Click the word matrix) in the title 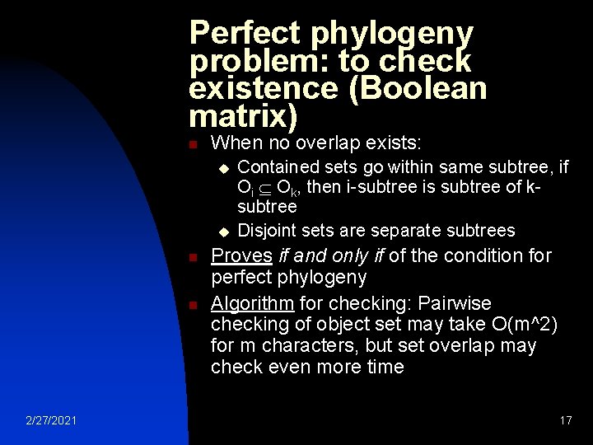pyautogui.click(x=242, y=115)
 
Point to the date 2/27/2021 pyautogui.click(x=51, y=420)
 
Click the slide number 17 pyautogui.click(x=565, y=420)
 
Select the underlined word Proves pyautogui.click(x=240, y=255)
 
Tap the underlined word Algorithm pyautogui.click(x=253, y=303)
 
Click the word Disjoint pyautogui.click(x=268, y=230)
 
